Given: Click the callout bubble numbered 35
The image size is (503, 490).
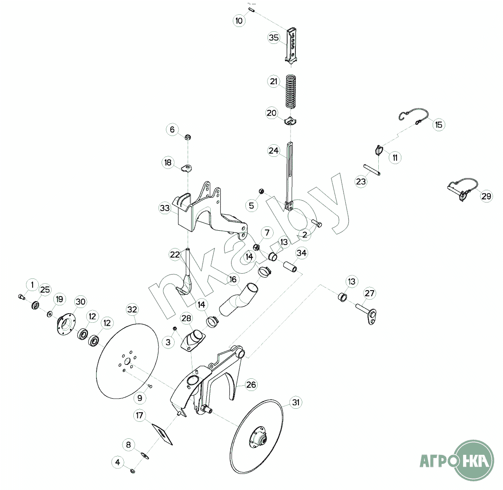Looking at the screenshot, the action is click(x=274, y=37).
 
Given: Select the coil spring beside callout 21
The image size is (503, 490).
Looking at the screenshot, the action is click(x=291, y=92).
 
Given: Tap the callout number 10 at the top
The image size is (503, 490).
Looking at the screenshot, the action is click(x=239, y=21).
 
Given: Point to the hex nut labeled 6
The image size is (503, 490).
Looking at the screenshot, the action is click(x=189, y=137).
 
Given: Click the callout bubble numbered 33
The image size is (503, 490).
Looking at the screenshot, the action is click(x=165, y=208).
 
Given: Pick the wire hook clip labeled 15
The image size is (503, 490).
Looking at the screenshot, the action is click(x=414, y=116).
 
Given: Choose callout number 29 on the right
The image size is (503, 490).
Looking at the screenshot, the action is click(x=486, y=196).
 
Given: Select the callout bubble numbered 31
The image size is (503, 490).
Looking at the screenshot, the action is click(x=295, y=402).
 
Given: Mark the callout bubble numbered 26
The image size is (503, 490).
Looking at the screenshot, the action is click(x=251, y=384).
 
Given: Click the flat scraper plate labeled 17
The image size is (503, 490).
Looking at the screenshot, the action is click(x=162, y=434).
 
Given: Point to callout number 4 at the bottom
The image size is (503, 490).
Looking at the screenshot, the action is click(x=118, y=462).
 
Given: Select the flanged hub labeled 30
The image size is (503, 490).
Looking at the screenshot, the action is click(x=66, y=325).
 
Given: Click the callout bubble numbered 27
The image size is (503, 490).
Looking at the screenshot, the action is click(x=370, y=293).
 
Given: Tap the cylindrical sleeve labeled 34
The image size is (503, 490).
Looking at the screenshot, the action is click(x=290, y=266).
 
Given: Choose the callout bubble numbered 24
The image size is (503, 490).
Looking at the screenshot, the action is click(x=273, y=150).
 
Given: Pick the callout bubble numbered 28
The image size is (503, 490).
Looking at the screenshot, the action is click(x=186, y=318).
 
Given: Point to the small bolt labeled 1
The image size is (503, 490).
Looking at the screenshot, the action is click(x=22, y=297).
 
